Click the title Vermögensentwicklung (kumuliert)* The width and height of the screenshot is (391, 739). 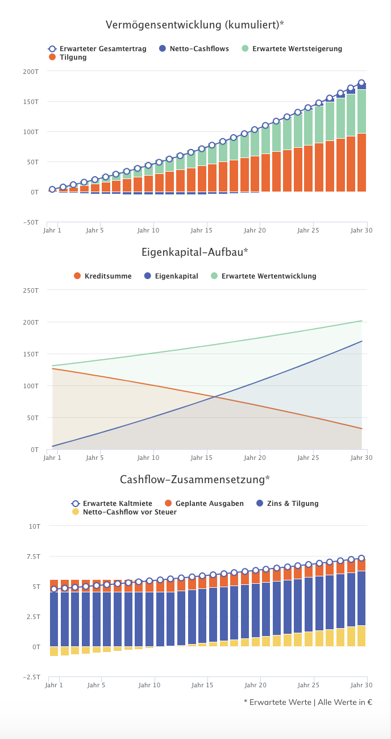click(195, 25)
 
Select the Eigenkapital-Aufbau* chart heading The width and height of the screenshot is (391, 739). click(195, 252)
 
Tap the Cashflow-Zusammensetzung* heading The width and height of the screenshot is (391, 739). click(195, 479)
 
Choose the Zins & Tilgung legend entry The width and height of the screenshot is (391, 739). click(288, 504)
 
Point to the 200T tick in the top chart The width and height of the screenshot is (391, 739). click(31, 71)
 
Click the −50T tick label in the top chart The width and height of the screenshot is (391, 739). click(31, 222)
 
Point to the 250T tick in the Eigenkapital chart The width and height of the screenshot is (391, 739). click(31, 290)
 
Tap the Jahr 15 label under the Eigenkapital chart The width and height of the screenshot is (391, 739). click(201, 458)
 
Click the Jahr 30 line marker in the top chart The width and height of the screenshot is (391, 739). click(361, 83)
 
